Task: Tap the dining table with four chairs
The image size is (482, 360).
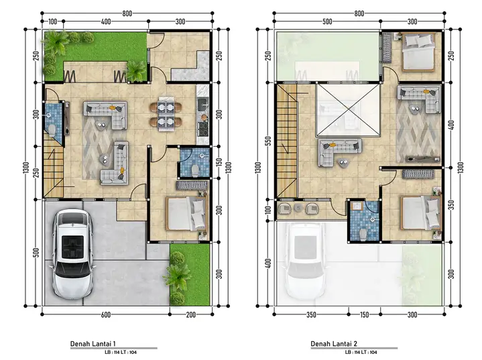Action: [x=166, y=114]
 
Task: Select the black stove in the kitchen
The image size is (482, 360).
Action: [x=202, y=129]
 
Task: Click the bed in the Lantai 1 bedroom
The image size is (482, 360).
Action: [x=186, y=214]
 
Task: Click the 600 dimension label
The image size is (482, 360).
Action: [x=105, y=314]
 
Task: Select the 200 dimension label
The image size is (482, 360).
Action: [x=190, y=314]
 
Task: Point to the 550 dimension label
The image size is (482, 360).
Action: [x=268, y=141]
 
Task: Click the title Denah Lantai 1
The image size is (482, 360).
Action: [x=93, y=344]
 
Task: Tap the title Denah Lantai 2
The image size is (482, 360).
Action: [x=334, y=344]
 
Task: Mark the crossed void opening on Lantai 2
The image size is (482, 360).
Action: [x=348, y=110]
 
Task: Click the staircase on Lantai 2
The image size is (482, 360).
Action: [x=287, y=141]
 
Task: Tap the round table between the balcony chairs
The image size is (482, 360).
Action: [x=298, y=208]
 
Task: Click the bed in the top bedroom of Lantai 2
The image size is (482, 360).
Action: [x=418, y=52]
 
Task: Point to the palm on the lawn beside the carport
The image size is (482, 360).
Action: [x=178, y=275]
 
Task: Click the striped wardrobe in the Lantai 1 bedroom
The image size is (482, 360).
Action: [x=192, y=186]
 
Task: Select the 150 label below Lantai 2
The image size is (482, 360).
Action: [x=364, y=314]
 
